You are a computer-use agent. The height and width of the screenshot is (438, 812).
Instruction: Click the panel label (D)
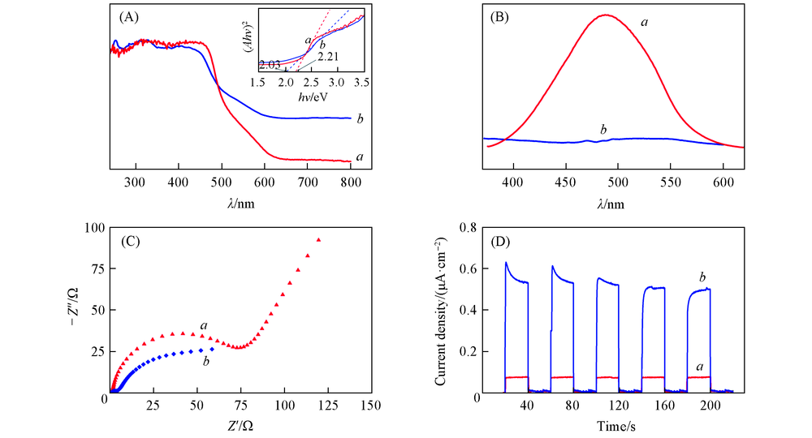click(x=504, y=240)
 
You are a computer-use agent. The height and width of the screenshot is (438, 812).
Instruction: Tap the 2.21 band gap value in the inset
click(x=328, y=57)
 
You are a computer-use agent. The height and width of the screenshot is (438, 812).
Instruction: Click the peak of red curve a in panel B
click(x=607, y=15)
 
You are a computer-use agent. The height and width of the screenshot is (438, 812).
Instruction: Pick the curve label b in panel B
click(x=603, y=130)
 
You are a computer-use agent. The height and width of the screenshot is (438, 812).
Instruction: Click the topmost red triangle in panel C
click(x=319, y=240)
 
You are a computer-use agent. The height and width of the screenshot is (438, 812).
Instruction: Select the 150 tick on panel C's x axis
click(x=371, y=404)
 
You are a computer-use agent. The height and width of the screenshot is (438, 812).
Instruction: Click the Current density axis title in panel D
click(x=441, y=311)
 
